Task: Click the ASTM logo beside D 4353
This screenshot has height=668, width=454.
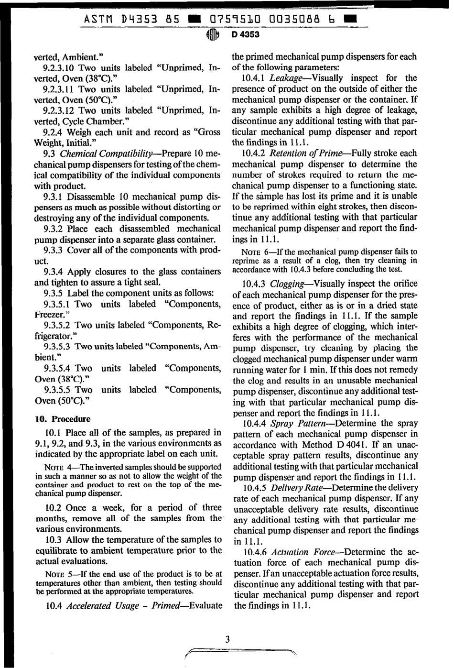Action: click(213, 35)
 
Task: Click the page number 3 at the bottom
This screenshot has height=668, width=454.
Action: click(227, 639)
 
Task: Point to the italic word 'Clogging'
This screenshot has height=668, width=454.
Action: click(288, 284)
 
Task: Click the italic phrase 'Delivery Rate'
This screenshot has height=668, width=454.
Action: click(297, 488)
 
